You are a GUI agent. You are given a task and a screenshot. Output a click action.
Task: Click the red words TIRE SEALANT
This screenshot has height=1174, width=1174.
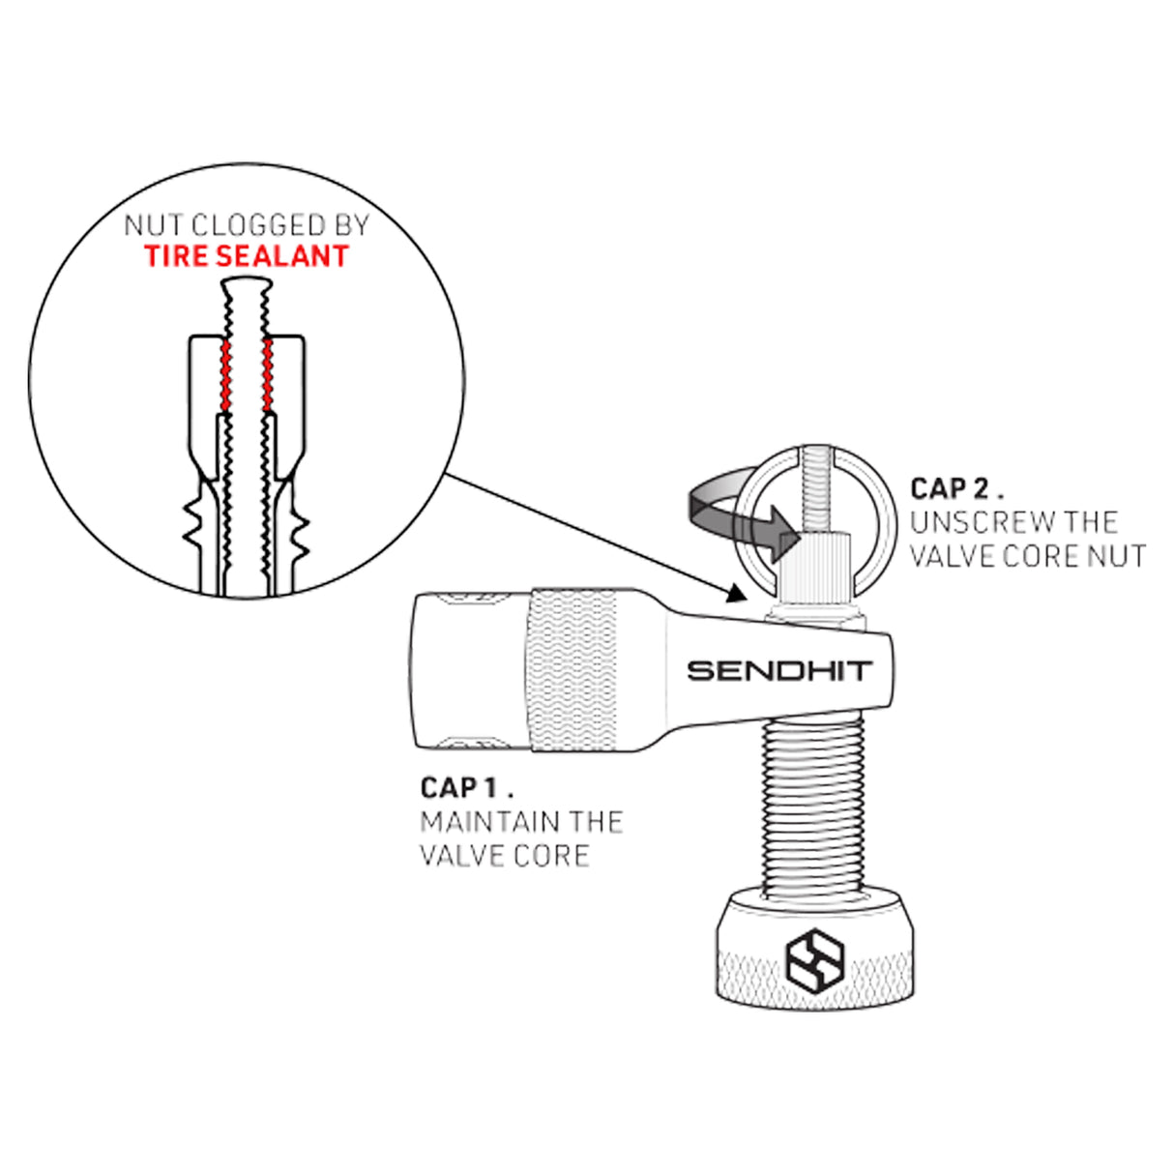pyautogui.click(x=247, y=256)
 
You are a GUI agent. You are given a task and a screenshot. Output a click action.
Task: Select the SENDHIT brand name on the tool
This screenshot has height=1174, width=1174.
pyautogui.click(x=779, y=671)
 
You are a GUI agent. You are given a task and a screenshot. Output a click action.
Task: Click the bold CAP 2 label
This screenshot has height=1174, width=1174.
pyautogui.click(x=955, y=488)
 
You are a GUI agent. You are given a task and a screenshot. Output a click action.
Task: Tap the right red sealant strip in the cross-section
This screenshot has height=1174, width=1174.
pyautogui.click(x=267, y=375)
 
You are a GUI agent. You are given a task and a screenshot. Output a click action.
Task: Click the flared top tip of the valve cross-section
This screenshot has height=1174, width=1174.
pyautogui.click(x=247, y=282)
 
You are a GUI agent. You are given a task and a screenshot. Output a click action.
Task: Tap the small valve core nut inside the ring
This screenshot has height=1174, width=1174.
pyautogui.click(x=816, y=562)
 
